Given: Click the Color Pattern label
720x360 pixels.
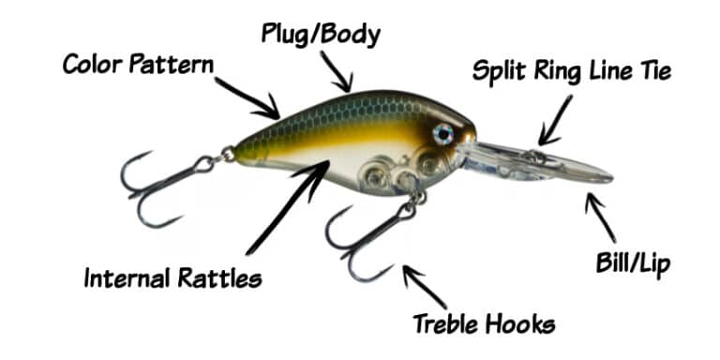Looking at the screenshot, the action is coord(139,65).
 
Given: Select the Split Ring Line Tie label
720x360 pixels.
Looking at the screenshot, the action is coord(572,72).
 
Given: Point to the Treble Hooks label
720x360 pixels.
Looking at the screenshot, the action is coord(484,324).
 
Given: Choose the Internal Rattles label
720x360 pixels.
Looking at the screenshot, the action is coord(173,278).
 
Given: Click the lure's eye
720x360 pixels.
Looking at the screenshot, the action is coord(442,135).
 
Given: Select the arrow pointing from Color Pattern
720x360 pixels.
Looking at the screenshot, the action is coord(249,95).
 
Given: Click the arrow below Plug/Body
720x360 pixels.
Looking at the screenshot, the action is coord(336,71).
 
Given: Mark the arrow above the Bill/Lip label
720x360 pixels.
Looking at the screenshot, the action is coord(600,217).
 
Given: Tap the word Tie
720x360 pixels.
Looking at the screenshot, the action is coord(652,72).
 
